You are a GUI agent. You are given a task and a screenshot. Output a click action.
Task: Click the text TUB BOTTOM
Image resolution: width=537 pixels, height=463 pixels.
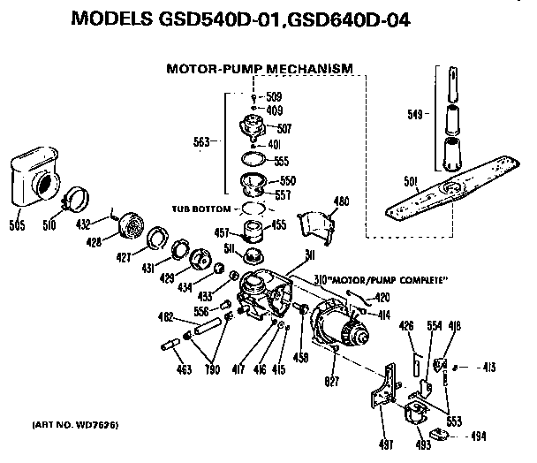(200, 209)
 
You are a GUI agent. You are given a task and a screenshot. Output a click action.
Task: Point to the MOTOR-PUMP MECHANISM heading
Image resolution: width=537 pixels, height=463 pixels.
(261, 67)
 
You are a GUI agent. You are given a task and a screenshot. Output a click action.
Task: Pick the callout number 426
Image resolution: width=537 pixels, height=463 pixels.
(406, 325)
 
